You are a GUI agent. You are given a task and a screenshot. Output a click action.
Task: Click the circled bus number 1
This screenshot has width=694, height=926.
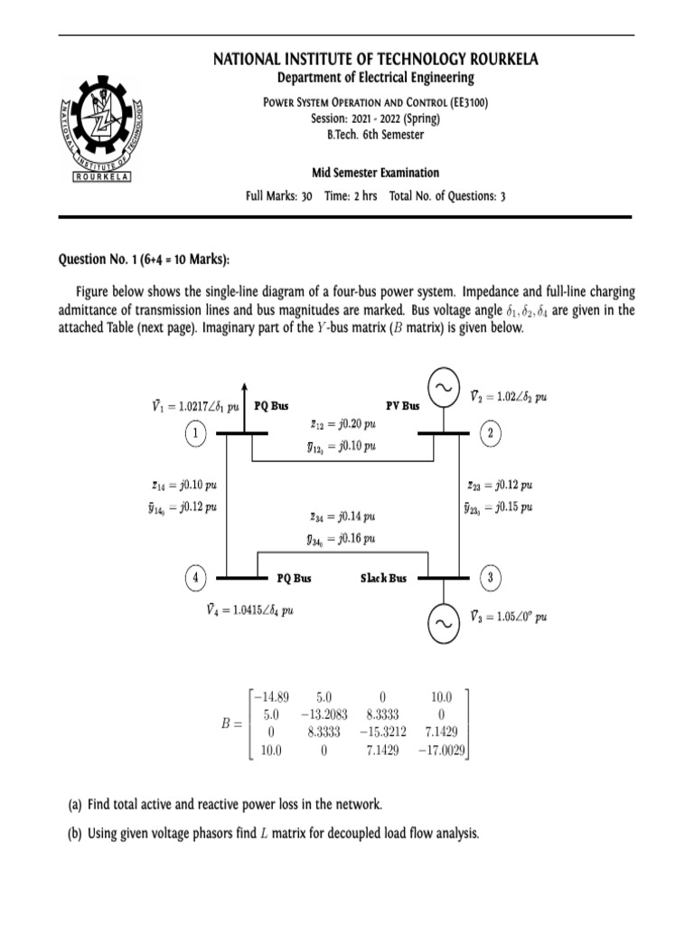click(195, 434)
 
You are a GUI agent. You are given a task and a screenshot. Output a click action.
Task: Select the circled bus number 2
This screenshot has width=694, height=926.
click(491, 434)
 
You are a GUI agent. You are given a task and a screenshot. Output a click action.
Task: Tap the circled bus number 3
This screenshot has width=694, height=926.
click(491, 577)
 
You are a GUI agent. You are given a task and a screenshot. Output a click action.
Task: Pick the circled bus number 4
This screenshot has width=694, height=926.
click(195, 577)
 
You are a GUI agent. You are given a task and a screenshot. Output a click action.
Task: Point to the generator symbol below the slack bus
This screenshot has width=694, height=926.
click(443, 624)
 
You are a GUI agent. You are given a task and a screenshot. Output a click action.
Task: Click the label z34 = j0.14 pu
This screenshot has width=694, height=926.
click(342, 517)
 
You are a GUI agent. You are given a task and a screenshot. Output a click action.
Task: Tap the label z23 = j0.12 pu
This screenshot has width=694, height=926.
click(500, 485)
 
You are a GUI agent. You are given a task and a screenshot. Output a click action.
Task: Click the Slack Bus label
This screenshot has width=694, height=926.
click(383, 578)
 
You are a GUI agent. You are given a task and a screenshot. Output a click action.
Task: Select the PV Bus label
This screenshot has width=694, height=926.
click(402, 407)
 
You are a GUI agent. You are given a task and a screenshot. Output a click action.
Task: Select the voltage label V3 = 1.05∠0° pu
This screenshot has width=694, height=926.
click(508, 618)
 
